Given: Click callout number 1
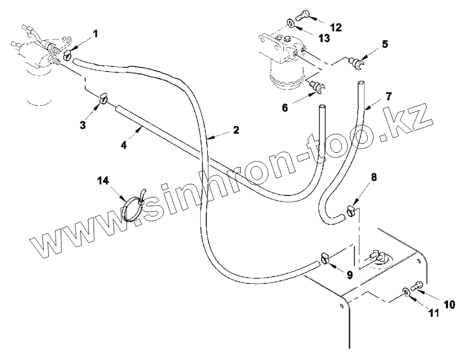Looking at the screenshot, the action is (x=95, y=34).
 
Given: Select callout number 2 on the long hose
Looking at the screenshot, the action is (x=236, y=130).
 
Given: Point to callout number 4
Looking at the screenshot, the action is (x=123, y=145).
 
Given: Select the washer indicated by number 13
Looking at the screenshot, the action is (x=290, y=23).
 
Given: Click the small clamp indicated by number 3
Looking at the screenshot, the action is (x=103, y=97).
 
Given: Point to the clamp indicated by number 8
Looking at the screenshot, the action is (x=351, y=210).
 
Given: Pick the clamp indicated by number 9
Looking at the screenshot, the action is (x=325, y=258).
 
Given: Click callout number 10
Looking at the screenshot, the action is (x=449, y=304).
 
